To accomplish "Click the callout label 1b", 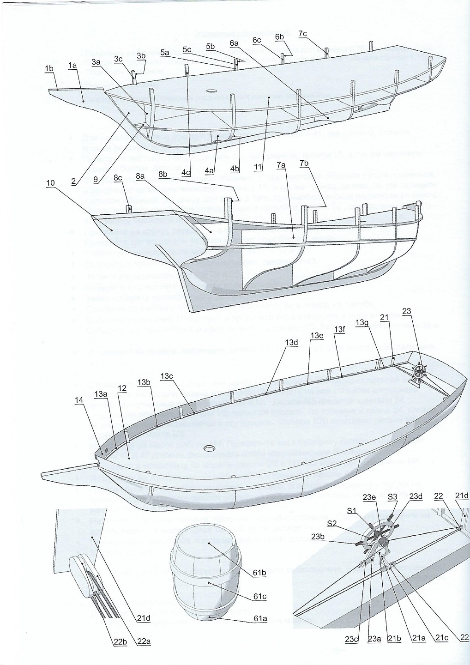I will [x=49, y=69].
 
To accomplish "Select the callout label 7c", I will [x=302, y=33].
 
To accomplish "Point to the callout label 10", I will [x=51, y=183].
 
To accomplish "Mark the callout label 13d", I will [x=292, y=342].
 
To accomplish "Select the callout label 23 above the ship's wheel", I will [x=406, y=311].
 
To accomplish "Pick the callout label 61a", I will [x=260, y=619].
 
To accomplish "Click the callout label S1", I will [x=352, y=511].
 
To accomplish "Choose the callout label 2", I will [x=73, y=181].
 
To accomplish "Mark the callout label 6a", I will [x=234, y=43].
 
